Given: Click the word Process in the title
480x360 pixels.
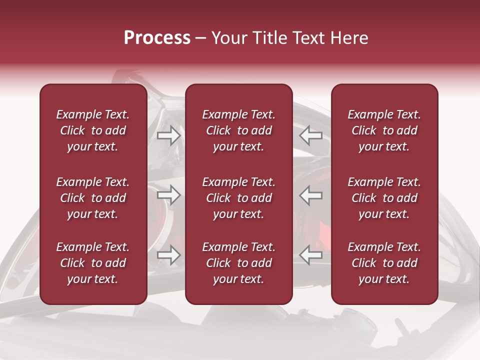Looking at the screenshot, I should coord(157,38).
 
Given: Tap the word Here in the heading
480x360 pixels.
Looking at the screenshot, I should coord(348,38).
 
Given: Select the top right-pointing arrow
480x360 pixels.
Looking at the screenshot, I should coord(168,135).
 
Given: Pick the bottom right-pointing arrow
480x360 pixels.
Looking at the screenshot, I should coord(168,255).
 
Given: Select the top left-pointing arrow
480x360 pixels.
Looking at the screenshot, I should coord(311,135).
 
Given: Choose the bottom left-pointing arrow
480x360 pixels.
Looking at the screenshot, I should coord(311,255).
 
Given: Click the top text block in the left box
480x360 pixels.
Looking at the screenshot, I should coord(93,130).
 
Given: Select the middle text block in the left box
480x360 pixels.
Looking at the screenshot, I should coord(93,198).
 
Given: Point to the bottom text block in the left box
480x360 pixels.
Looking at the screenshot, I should coord(93,263).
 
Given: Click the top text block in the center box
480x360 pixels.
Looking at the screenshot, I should coord(239,130).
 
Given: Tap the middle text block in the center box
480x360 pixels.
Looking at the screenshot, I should coord(239,198).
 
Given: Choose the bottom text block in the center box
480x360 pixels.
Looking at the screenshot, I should coord(239,263).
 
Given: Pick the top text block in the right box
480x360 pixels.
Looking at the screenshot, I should coord(384,130).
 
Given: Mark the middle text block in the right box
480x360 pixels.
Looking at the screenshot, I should coord(384,198).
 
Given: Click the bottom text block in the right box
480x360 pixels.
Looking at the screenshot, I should coord(384,263).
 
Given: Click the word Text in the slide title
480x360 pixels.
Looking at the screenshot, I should coord(306,38).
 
